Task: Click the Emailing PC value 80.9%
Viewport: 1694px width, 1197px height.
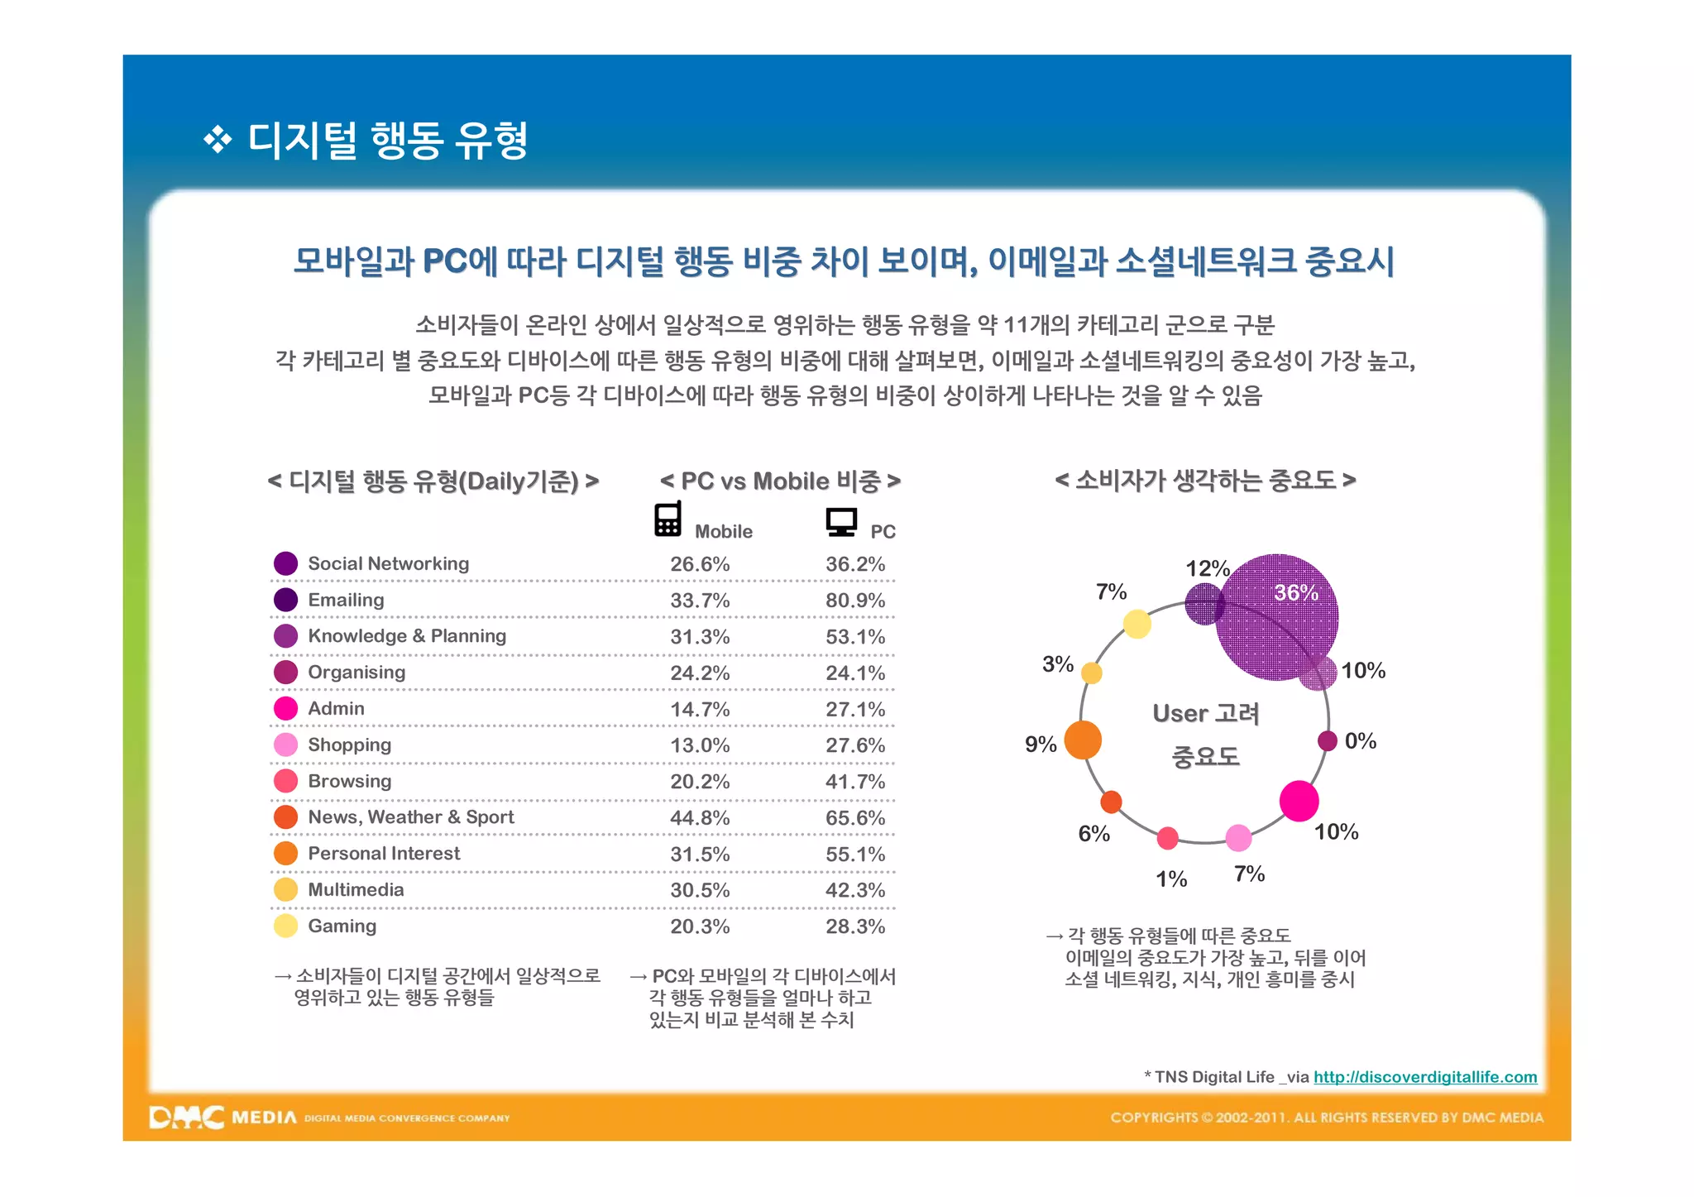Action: pyautogui.click(x=854, y=601)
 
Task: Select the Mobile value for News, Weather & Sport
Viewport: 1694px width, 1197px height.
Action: pyautogui.click(x=700, y=818)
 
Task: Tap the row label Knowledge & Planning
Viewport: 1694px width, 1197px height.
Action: pyautogui.click(x=406, y=636)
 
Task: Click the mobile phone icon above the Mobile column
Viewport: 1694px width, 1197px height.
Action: pyautogui.click(x=668, y=519)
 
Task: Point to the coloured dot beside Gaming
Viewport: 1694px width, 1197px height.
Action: pyautogui.click(x=285, y=926)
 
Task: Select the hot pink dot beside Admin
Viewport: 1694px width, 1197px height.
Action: pyautogui.click(x=285, y=709)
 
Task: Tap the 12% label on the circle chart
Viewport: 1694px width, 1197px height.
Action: pyautogui.click(x=1207, y=569)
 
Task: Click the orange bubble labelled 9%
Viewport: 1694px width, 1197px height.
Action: pyautogui.click(x=1083, y=740)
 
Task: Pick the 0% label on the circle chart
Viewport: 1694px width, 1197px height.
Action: pyautogui.click(x=1360, y=741)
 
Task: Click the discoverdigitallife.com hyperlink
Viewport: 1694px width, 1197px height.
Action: pyautogui.click(x=1424, y=1077)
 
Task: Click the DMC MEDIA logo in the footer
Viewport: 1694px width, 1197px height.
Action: pyautogui.click(x=223, y=1118)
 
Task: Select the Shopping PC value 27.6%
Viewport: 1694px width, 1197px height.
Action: pyautogui.click(x=854, y=745)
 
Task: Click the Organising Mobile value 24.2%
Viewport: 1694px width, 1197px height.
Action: pyautogui.click(x=700, y=673)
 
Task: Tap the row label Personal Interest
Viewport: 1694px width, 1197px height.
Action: pyautogui.click(x=384, y=854)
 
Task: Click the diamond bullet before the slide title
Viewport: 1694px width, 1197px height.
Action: pyautogui.click(x=218, y=140)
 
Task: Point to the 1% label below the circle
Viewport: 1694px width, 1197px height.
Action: pyautogui.click(x=1170, y=879)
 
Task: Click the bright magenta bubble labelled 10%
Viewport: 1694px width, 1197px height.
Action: pyautogui.click(x=1299, y=801)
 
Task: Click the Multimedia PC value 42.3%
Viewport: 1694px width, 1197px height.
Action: pyautogui.click(x=854, y=891)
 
